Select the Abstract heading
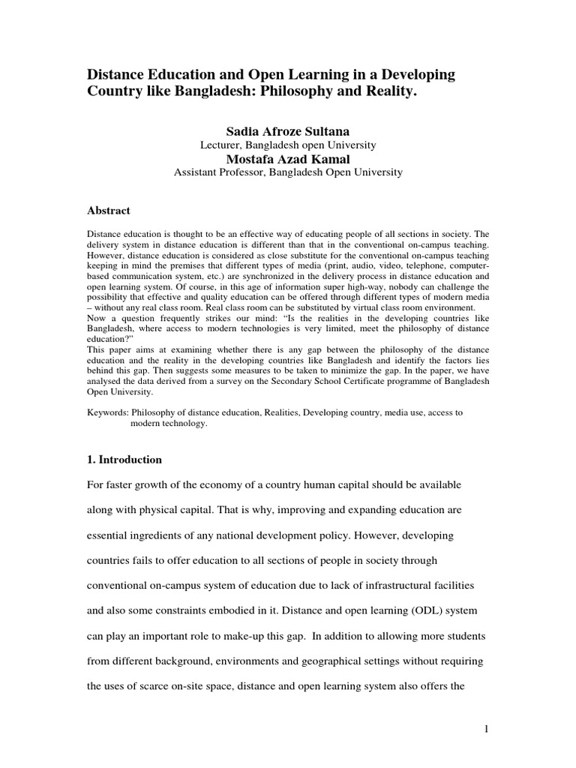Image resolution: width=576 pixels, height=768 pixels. pos(109,211)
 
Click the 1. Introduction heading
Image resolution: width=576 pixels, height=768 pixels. pos(124,459)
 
